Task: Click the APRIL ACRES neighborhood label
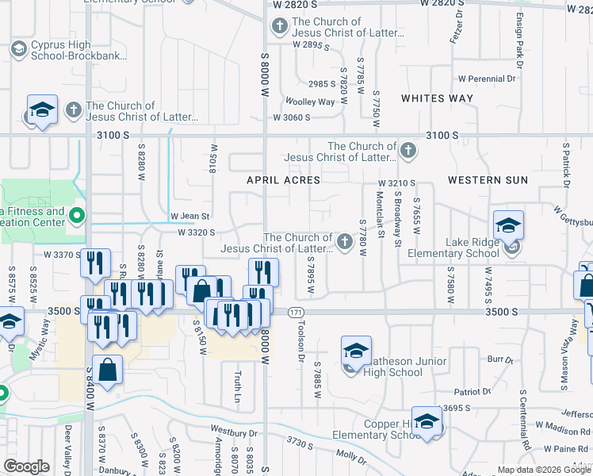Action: click(x=283, y=180)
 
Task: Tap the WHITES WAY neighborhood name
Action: click(x=437, y=99)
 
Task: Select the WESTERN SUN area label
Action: click(x=488, y=180)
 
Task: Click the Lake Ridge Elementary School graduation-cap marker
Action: click(x=507, y=225)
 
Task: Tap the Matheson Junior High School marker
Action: click(x=356, y=350)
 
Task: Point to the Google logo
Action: click(x=26, y=466)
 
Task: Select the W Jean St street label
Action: click(x=189, y=216)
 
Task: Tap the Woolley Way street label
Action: click(x=310, y=102)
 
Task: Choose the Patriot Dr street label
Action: click(x=472, y=392)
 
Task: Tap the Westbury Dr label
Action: click(x=235, y=433)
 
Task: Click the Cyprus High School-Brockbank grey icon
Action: click(x=18, y=50)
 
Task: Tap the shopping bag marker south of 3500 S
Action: click(x=107, y=370)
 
